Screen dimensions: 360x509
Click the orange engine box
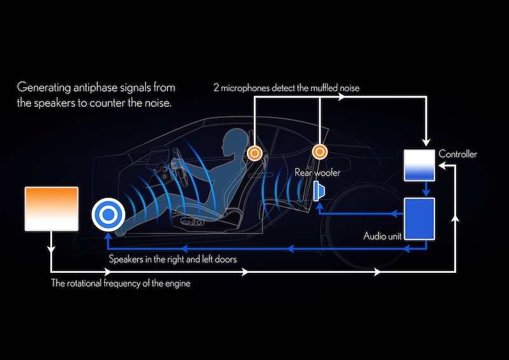click(51, 209)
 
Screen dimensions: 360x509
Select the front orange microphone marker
click(254, 153)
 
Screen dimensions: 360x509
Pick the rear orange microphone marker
click(319, 152)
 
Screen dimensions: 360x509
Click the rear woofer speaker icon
click(319, 190)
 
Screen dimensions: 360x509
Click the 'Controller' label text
click(457, 155)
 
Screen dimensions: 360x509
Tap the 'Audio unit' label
click(382, 237)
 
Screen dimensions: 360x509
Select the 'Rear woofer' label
click(317, 172)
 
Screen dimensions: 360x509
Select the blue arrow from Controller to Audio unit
click(425, 188)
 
